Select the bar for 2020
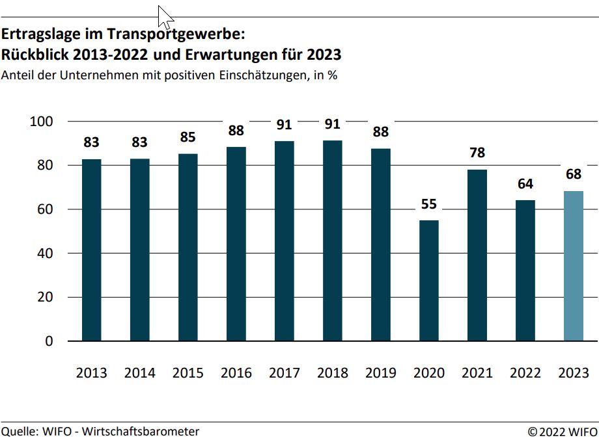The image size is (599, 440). [x=429, y=280]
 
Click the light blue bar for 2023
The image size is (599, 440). [x=574, y=266]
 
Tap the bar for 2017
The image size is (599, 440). [x=284, y=240]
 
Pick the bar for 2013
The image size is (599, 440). [x=91, y=250]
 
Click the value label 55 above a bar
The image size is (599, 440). [x=429, y=204]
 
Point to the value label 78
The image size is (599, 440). [x=477, y=153]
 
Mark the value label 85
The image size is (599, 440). [x=188, y=138]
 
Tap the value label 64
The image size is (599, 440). [x=525, y=184]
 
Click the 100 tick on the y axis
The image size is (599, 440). [x=42, y=122]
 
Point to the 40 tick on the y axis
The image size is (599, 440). [x=46, y=253]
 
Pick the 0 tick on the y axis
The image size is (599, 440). [x=49, y=341]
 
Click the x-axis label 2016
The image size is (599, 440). [x=236, y=373]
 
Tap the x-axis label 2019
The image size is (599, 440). [x=381, y=373]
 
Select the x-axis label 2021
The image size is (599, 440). [x=477, y=373]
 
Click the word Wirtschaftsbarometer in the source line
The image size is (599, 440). [x=141, y=431]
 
